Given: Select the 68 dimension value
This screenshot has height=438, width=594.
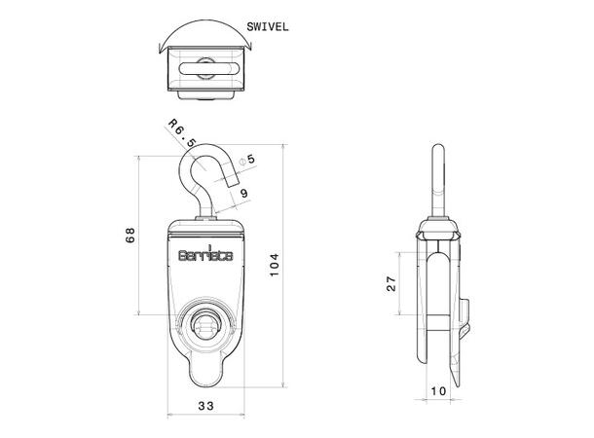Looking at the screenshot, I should (x=130, y=236).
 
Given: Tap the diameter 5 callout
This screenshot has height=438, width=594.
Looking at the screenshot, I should (x=248, y=159).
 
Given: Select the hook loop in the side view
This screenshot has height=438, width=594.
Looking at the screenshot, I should (x=437, y=180).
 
